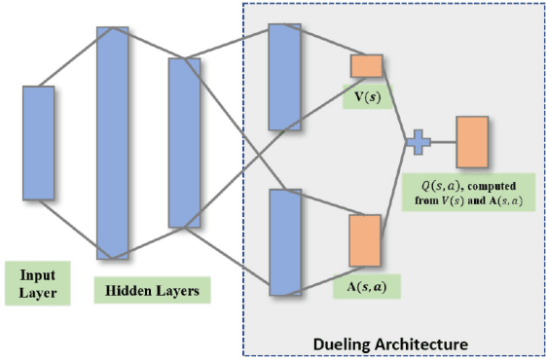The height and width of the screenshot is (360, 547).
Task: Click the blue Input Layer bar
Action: click(39, 142)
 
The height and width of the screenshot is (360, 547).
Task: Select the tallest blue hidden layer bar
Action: click(112, 142)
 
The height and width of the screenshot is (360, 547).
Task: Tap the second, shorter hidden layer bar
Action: click(184, 142)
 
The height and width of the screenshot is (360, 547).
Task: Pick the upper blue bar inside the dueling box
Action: click(285, 76)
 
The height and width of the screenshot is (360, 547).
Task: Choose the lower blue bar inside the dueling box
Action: click(285, 241)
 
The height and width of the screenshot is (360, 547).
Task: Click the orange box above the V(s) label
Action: click(367, 65)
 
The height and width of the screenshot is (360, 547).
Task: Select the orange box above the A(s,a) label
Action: click(364, 240)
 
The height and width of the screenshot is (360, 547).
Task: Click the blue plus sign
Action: click(418, 142)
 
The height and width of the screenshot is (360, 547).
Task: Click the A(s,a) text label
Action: click(366, 286)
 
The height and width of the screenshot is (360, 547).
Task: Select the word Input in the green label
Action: click(37, 274)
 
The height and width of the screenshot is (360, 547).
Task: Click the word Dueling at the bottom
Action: click(346, 343)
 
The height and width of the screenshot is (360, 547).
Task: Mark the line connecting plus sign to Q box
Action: click(442, 142)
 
